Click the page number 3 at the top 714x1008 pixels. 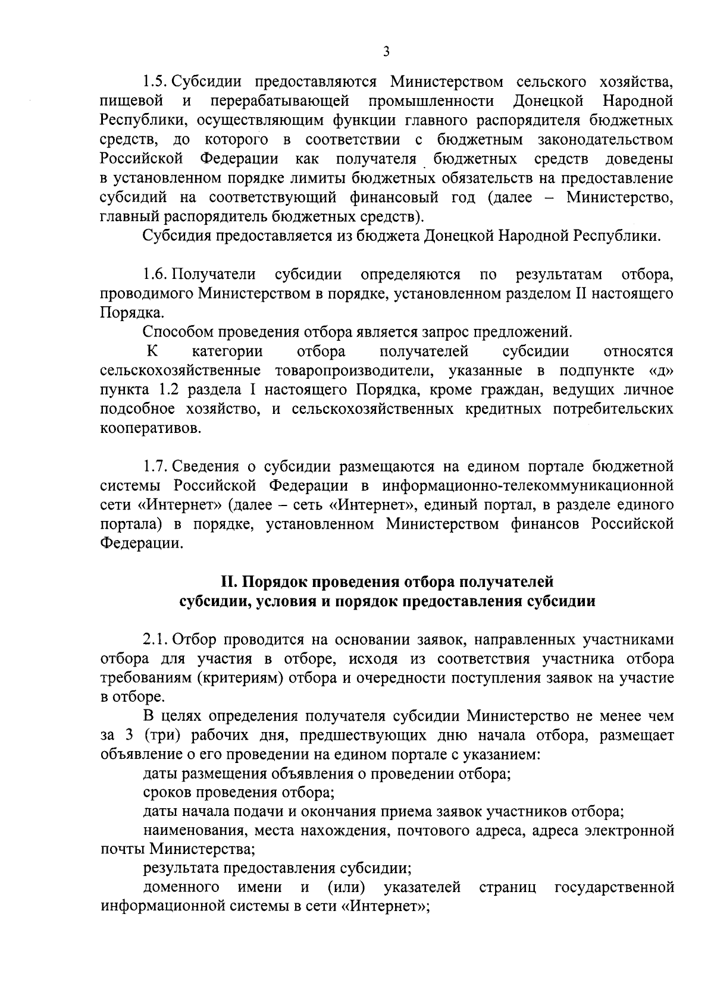click(386, 52)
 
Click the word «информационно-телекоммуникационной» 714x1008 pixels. click(528, 485)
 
